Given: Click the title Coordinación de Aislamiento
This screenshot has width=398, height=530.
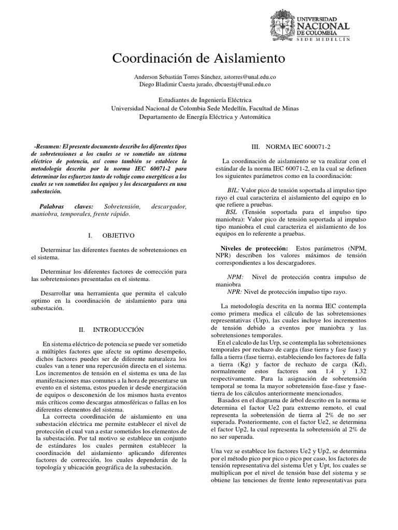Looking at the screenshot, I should point(198,57).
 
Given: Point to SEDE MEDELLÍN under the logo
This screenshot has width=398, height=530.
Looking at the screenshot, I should point(323,39).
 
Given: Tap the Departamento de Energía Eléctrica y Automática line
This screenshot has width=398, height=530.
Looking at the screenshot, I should point(198,117).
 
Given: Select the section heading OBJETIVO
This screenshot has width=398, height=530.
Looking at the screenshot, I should point(118,235).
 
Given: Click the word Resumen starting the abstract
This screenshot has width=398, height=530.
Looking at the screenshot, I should point(47,147).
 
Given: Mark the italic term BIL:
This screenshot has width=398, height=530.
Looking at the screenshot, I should point(233,190).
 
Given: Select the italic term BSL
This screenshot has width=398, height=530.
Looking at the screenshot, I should point(232,213).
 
